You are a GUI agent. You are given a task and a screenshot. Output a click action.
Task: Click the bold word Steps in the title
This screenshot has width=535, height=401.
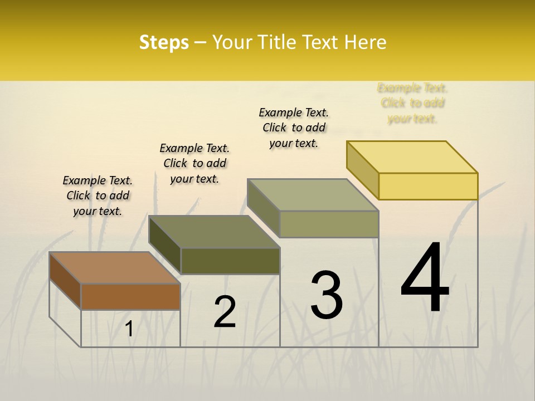(164, 42)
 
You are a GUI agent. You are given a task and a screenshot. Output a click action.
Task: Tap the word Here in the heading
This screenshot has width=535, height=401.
(365, 42)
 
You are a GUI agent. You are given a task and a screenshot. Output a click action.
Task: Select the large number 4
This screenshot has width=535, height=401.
(425, 278)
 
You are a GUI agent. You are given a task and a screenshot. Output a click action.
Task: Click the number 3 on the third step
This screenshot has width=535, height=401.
(327, 295)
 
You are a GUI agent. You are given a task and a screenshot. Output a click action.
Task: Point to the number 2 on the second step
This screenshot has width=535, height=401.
(225, 312)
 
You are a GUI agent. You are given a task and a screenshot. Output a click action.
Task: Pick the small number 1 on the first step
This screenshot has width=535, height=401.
(129, 329)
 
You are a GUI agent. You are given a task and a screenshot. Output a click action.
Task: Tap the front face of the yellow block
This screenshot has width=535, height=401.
(428, 186)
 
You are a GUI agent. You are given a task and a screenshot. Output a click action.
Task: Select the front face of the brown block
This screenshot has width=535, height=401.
(130, 296)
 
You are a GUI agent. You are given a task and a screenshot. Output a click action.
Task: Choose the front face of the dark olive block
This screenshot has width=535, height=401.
(230, 261)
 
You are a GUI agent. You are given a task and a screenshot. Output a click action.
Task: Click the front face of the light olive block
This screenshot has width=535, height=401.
(329, 224)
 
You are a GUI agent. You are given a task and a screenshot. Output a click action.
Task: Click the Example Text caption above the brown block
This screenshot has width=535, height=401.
(98, 195)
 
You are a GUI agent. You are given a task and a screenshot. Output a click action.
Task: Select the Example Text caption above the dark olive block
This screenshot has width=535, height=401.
(194, 163)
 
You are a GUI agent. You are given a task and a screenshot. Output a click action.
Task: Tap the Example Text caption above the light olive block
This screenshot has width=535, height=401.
(294, 128)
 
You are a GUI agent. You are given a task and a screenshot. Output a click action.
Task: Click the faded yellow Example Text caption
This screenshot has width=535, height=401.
(412, 103)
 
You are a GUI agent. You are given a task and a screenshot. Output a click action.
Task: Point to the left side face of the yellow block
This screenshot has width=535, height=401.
(363, 170)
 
